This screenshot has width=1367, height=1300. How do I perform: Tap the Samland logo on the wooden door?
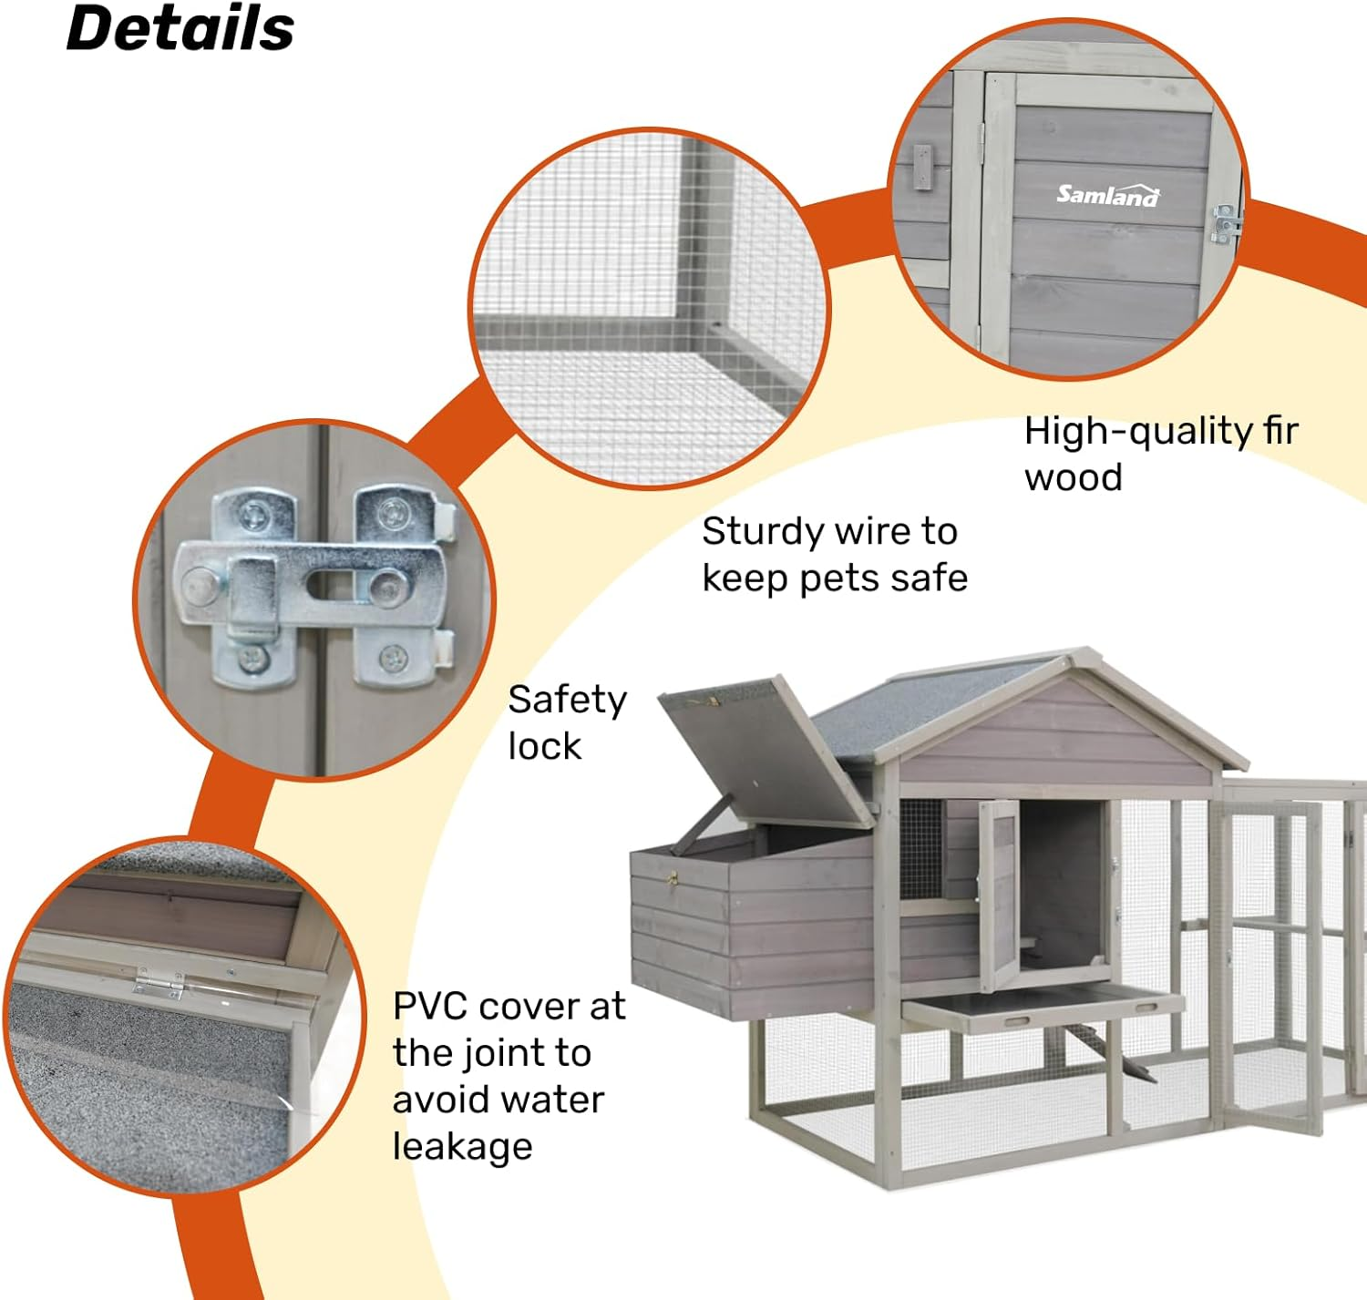[x=1107, y=194]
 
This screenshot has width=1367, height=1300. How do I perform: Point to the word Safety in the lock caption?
[x=567, y=700]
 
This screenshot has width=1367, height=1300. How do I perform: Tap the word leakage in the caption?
[x=462, y=1146]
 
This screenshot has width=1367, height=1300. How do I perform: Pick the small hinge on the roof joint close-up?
[x=158, y=981]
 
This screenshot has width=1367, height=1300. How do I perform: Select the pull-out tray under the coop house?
[x=1043, y=1008]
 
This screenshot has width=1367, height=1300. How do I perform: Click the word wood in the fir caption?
[x=1073, y=478]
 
